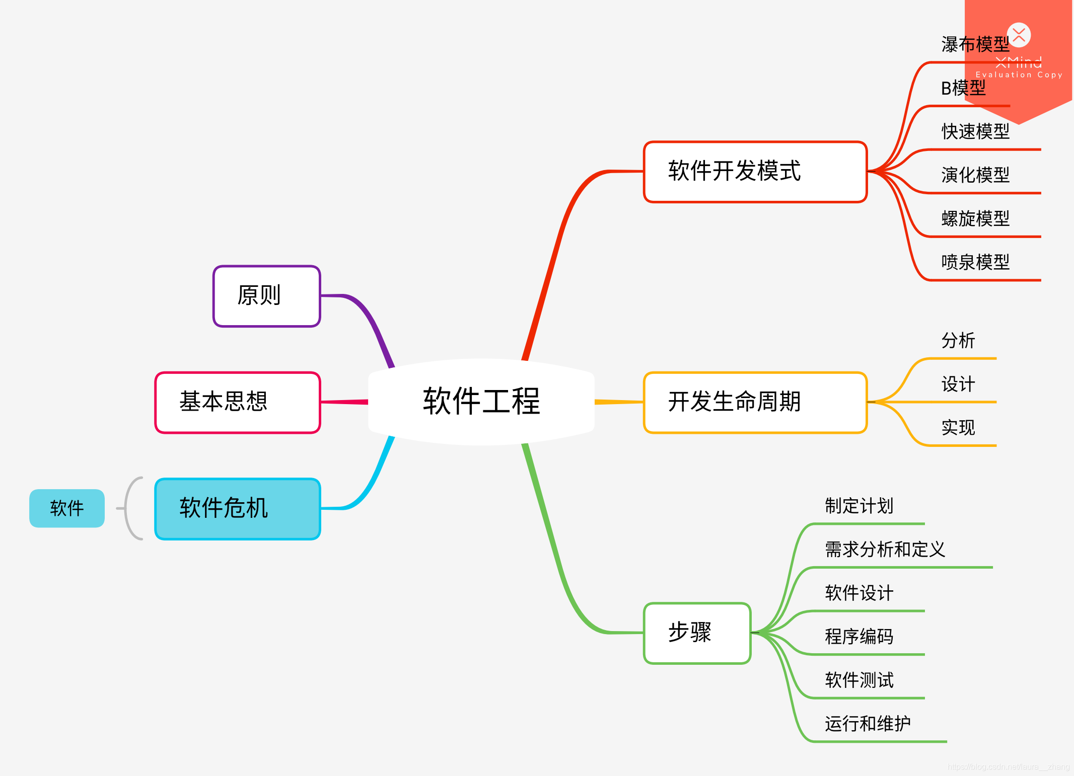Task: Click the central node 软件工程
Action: point(481,402)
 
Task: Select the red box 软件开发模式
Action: point(755,172)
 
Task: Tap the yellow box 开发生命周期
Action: point(755,402)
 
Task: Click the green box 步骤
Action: point(697,633)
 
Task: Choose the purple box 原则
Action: point(267,296)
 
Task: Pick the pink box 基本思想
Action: point(238,402)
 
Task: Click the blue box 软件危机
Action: point(238,508)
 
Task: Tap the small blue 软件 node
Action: point(67,508)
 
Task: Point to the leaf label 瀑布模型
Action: point(975,45)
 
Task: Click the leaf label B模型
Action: point(963,89)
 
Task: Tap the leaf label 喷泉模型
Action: point(975,262)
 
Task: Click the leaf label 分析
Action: point(958,341)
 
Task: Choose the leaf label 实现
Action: point(958,428)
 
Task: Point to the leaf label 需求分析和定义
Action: point(885,550)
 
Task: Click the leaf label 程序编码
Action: point(859,637)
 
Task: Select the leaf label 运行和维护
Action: point(868,724)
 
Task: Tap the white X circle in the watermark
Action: point(1019,35)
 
